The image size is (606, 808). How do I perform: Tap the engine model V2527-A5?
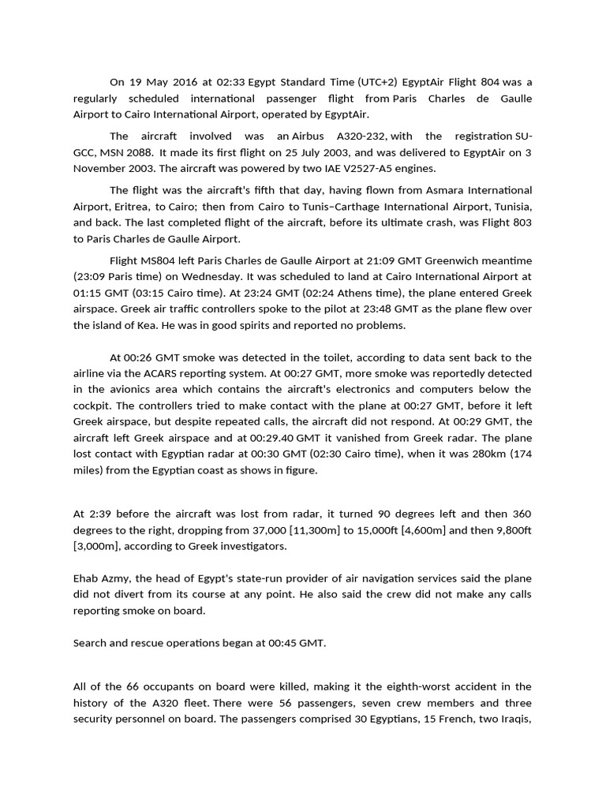point(393,169)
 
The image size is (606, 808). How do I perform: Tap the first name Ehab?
point(86,578)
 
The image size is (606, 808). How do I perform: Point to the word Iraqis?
point(514,719)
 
